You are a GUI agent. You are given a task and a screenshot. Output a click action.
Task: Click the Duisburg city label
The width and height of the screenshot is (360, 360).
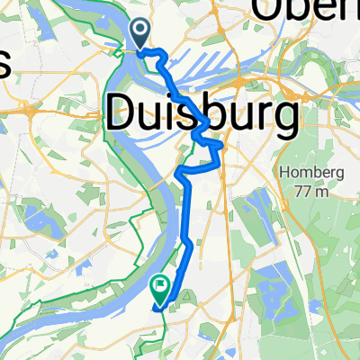[202, 114]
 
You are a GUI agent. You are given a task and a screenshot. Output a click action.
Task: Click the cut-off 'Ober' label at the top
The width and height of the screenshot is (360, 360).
[306, 11]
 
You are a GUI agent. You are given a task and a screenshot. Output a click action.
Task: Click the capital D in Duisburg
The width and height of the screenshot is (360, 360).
[121, 114]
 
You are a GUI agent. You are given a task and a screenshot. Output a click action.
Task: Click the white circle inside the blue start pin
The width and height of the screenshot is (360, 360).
[141, 31]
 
